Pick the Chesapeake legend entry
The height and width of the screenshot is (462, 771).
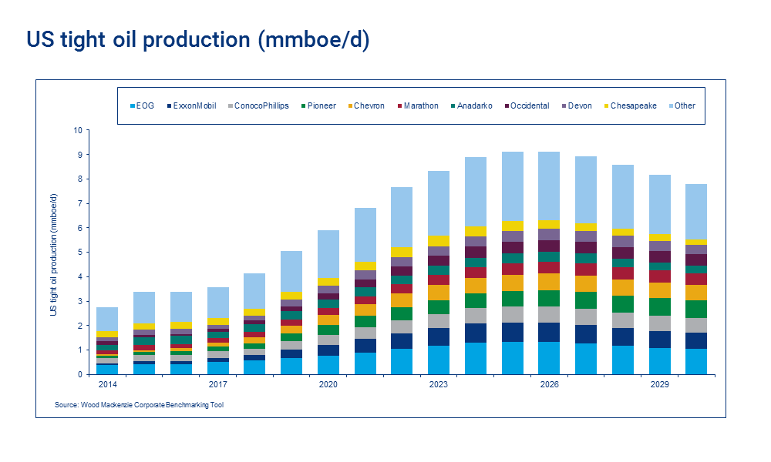[x=633, y=105]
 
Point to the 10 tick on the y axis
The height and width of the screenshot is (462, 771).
[x=77, y=130]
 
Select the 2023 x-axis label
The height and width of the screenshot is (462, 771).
[x=439, y=383]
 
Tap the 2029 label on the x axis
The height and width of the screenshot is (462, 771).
[x=659, y=383]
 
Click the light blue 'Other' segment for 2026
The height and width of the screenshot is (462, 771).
[x=549, y=186]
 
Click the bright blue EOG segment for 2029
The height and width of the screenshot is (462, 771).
[x=659, y=361]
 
